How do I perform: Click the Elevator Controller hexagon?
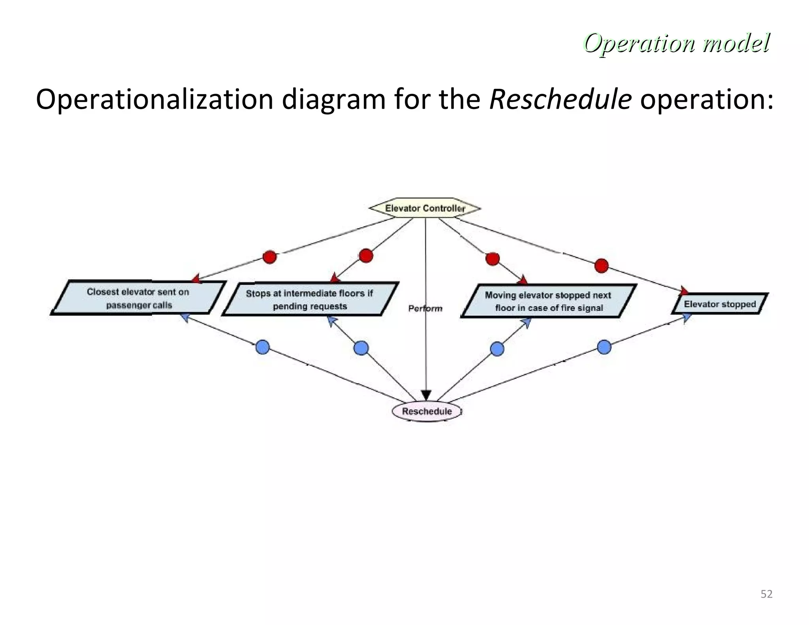(425, 209)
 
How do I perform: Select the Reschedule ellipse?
(427, 411)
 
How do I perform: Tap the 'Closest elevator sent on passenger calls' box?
(138, 298)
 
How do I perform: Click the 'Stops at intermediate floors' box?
(310, 299)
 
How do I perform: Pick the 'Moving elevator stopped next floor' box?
(549, 301)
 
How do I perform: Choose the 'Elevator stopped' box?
(720, 304)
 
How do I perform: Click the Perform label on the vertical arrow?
(425, 309)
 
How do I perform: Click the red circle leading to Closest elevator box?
(270, 257)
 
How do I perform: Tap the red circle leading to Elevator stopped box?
(601, 265)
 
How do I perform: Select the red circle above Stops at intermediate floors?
(366, 256)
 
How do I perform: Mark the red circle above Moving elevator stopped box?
(492, 259)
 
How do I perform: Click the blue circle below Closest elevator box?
(263, 347)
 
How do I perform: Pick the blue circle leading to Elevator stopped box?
(604, 347)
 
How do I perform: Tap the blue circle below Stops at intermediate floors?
(361, 348)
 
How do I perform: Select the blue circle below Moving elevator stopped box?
(497, 349)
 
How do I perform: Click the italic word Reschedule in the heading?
(560, 100)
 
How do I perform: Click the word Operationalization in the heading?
(154, 100)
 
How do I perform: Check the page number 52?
(766, 594)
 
